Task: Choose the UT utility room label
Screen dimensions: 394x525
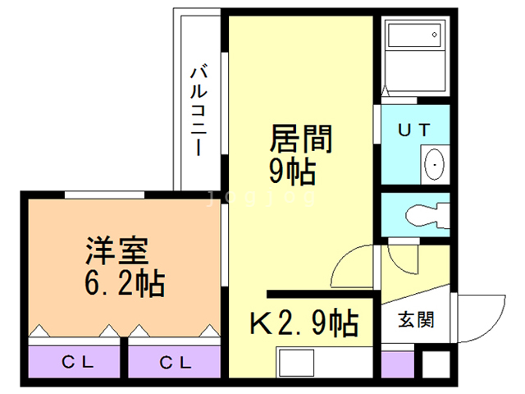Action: point(413,130)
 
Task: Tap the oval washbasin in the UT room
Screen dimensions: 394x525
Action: point(433,164)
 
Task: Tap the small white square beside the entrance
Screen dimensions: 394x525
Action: point(436,363)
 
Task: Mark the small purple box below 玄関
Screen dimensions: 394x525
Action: point(397,362)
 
